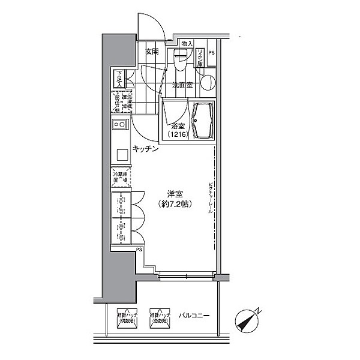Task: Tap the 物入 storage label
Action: pyautogui.click(x=187, y=44)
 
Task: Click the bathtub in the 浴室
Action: pyautogui.click(x=202, y=120)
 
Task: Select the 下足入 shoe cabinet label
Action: pyautogui.click(x=119, y=79)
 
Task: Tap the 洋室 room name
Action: pyautogui.click(x=175, y=193)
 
